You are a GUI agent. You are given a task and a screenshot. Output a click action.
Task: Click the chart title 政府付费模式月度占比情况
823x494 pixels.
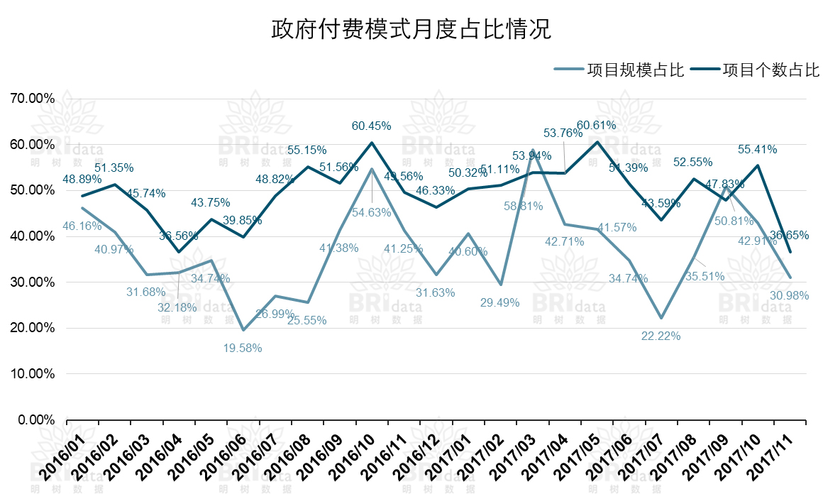(411, 30)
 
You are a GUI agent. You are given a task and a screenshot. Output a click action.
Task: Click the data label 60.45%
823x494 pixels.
(372, 126)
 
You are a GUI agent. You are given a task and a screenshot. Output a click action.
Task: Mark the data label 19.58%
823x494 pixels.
(242, 348)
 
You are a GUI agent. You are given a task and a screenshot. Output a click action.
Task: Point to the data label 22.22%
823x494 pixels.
(661, 336)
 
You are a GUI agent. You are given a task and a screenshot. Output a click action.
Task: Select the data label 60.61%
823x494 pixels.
(596, 126)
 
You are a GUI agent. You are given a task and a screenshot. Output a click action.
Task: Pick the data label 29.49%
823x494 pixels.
(499, 302)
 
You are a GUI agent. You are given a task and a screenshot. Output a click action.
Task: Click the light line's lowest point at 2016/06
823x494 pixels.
(243, 329)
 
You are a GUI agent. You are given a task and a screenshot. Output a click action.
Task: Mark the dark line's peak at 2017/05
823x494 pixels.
(597, 142)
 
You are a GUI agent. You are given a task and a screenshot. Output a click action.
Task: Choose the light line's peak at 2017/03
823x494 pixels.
(532, 150)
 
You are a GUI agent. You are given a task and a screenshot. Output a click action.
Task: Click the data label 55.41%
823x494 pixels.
(757, 150)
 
